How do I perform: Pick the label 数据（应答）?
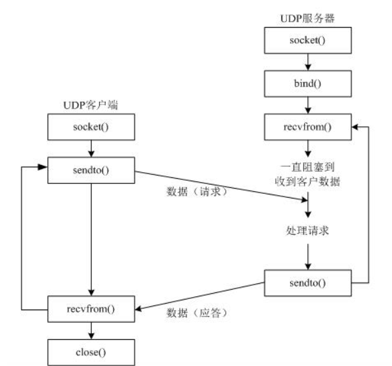tap(194, 311)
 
